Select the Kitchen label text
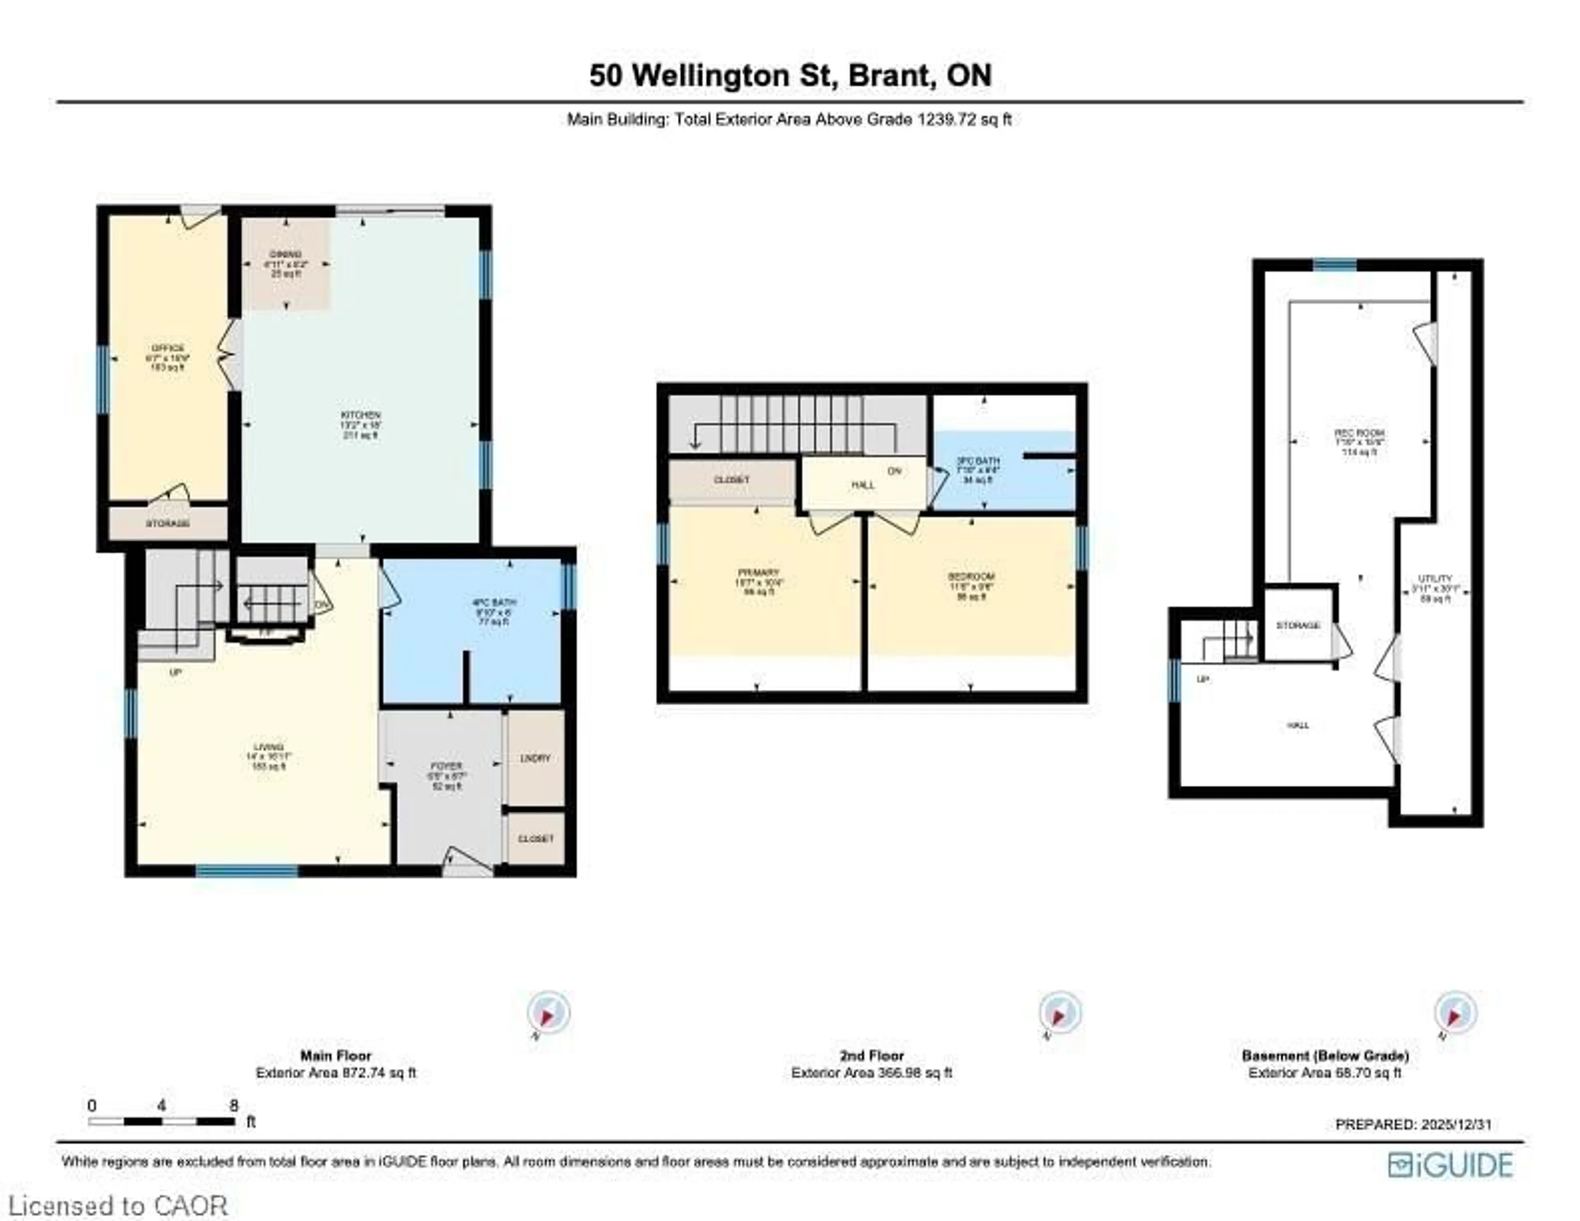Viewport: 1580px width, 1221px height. click(x=360, y=425)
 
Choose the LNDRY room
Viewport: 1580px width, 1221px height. click(x=535, y=758)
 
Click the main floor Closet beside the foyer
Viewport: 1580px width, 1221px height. click(x=535, y=839)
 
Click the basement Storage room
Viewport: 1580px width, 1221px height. click(x=1298, y=626)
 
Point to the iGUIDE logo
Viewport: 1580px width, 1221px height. click(x=1450, y=1165)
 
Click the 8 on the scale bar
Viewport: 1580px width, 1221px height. click(x=233, y=1105)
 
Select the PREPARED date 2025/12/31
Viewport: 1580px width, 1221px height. click(x=1413, y=1124)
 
